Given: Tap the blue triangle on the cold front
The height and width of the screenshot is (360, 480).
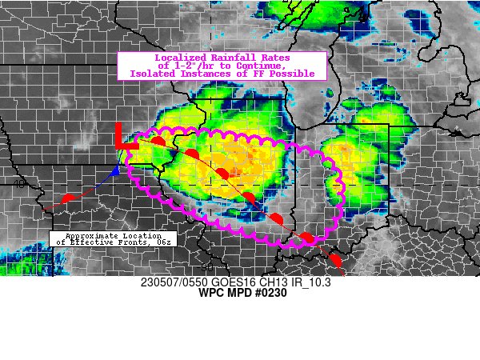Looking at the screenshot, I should (115, 171).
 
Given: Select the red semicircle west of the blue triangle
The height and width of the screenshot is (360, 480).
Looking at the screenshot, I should (68, 198).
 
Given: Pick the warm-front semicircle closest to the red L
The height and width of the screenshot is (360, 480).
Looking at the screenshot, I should (158, 142).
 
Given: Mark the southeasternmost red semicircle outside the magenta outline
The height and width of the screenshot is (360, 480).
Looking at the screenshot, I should (335, 261).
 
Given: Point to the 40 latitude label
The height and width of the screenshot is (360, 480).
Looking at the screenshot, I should (18, 184).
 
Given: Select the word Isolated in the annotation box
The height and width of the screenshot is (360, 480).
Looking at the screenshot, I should (152, 74).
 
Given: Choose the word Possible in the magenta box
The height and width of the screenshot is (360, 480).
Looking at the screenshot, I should (289, 74).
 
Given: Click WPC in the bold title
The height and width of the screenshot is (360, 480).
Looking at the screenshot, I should (210, 293).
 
